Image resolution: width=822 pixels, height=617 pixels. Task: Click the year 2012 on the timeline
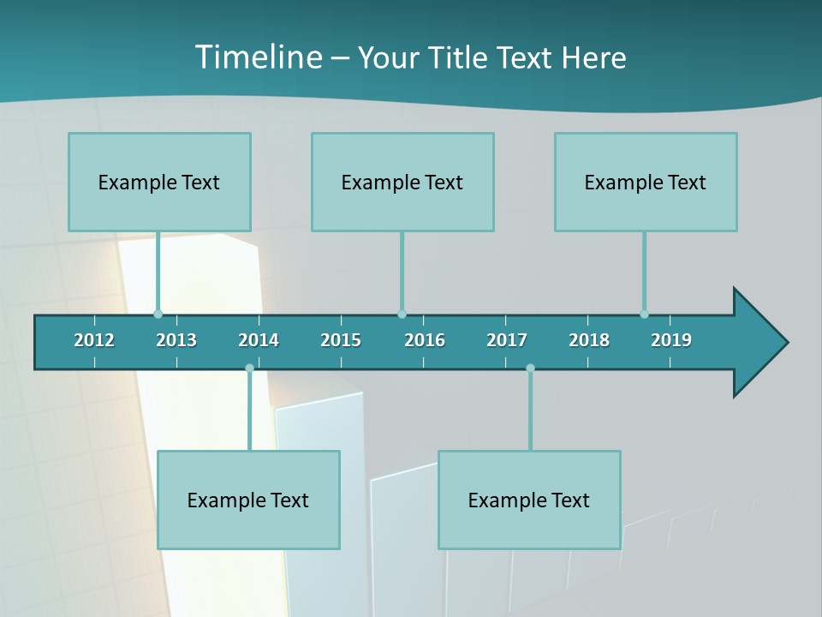tap(94, 340)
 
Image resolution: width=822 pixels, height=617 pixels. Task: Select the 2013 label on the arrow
tap(176, 340)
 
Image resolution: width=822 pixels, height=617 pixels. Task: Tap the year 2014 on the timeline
tap(259, 340)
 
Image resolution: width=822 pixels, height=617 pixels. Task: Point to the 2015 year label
tap(341, 340)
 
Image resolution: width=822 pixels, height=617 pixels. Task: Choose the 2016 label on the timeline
tap(425, 340)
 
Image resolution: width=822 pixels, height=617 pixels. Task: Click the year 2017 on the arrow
tap(507, 340)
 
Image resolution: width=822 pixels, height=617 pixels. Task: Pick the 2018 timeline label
tap(589, 340)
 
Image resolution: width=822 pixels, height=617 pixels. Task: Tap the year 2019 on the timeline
tap(671, 340)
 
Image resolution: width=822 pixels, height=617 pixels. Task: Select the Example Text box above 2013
tap(159, 182)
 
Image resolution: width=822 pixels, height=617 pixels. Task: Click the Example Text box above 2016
tap(402, 182)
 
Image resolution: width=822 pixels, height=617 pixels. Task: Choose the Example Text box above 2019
tap(646, 182)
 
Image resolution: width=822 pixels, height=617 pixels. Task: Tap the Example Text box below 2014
tap(248, 500)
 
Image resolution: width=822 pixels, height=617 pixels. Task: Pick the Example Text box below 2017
tap(529, 500)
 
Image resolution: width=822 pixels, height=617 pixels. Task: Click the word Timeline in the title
tap(258, 57)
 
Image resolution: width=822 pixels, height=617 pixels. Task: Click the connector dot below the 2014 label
tap(249, 368)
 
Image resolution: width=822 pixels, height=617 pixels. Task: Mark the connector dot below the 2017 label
tap(530, 368)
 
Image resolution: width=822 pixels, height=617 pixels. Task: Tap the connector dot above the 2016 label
tap(402, 314)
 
